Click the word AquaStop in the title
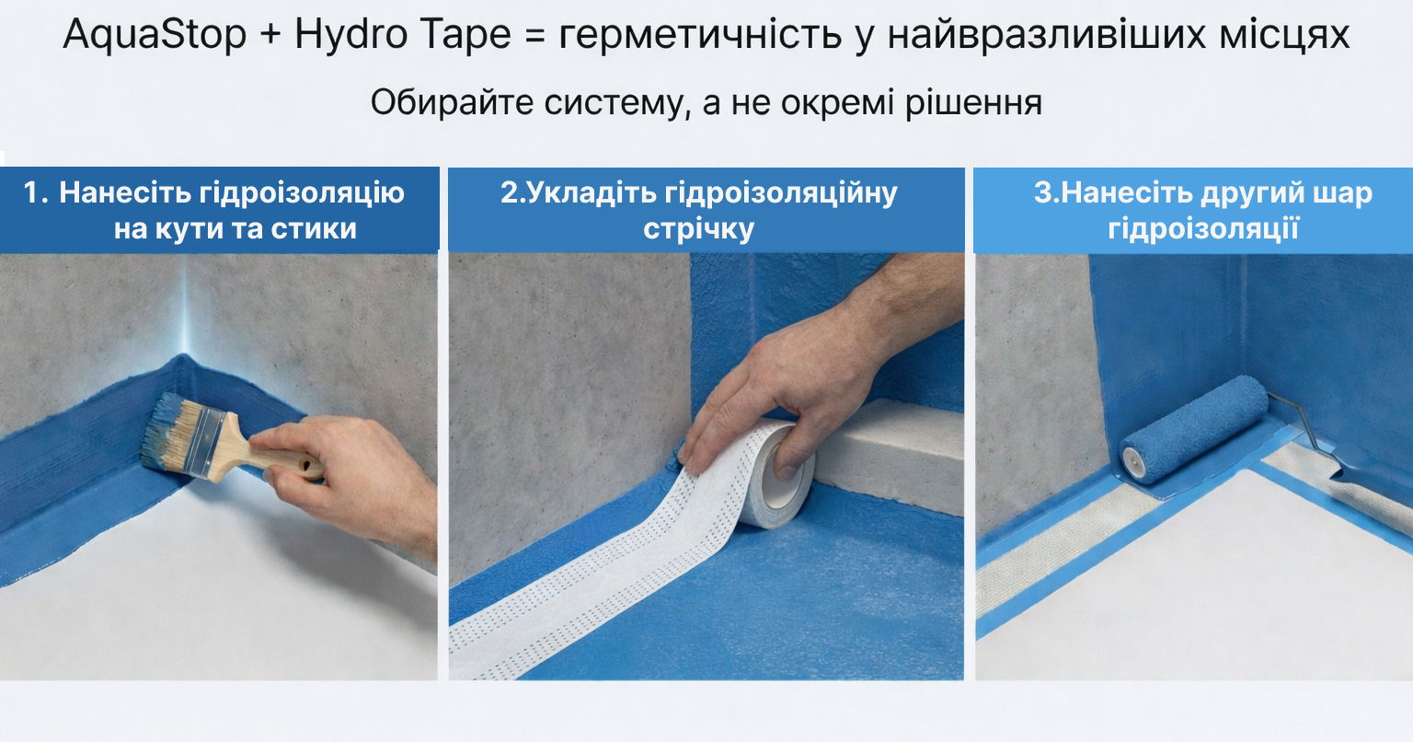[155, 35]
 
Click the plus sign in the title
[270, 35]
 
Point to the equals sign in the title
[534, 36]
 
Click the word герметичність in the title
[700, 36]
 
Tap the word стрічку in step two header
[698, 229]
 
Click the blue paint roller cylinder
[1195, 429]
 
